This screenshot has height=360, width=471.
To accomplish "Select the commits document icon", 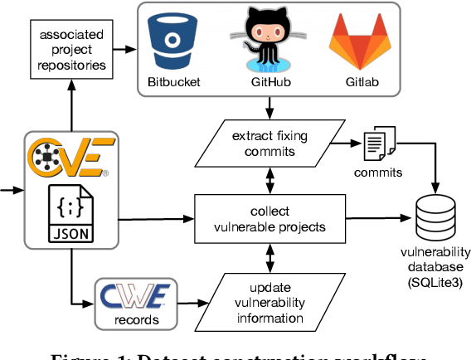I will pos(377,144).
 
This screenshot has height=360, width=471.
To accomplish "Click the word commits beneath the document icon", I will pos(378,173).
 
